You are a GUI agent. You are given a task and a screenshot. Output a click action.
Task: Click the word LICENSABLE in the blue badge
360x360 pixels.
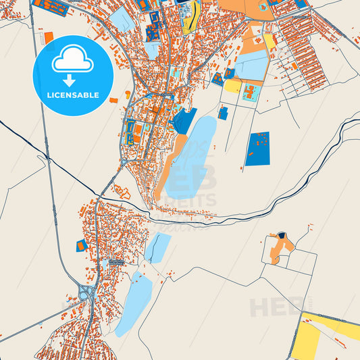coord(72,95)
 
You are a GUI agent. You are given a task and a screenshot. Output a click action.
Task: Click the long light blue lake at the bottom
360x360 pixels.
coord(133,305)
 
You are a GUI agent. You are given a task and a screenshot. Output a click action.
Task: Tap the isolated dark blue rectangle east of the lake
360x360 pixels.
coord(257,149)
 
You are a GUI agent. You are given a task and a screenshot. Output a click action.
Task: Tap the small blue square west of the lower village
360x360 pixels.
coord(82,245)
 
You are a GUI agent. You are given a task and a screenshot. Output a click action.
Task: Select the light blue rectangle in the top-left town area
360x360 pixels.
coord(122,20)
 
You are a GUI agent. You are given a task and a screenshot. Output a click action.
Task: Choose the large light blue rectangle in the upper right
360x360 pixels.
coord(251,66)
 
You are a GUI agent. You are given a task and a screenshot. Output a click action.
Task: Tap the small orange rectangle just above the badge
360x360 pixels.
coord(48,34)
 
